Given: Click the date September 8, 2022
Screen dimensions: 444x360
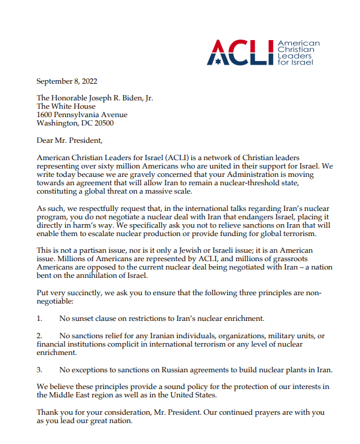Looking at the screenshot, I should pyautogui.click(x=66, y=81).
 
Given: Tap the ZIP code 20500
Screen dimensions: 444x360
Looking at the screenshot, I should pyautogui.click(x=102, y=123).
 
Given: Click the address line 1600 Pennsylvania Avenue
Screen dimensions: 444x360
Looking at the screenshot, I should pyautogui.click(x=82, y=115).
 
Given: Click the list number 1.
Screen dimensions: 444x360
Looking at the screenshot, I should pyautogui.click(x=39, y=319).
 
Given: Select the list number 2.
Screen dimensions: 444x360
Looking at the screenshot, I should pyautogui.click(x=39, y=336).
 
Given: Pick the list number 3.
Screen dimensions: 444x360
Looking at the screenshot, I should pyautogui.click(x=39, y=369).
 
